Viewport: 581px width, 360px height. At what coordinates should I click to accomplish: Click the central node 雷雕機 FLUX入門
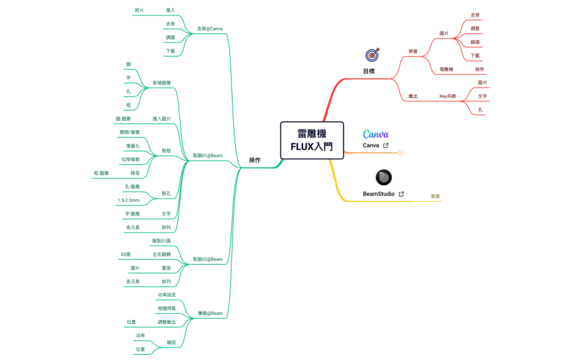click(x=312, y=140)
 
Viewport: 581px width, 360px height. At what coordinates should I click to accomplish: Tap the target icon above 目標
click(x=372, y=55)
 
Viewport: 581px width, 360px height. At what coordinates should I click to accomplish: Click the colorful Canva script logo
click(x=376, y=134)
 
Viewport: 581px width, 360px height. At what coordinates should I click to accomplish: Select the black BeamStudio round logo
click(x=383, y=177)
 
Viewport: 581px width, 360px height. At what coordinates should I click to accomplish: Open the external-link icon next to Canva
click(x=386, y=145)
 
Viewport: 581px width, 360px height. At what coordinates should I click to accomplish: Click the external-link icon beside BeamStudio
click(x=401, y=194)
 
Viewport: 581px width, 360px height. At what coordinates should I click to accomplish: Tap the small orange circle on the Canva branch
click(x=400, y=153)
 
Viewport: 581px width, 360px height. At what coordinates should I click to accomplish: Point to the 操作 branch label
click(x=255, y=160)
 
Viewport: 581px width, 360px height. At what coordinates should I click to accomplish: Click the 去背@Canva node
click(x=210, y=29)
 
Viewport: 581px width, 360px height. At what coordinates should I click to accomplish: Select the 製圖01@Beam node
click(x=207, y=155)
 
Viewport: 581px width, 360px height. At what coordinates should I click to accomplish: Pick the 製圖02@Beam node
click(x=207, y=259)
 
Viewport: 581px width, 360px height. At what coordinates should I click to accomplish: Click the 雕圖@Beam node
click(x=211, y=313)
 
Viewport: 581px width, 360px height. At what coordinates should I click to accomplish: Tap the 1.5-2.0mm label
click(x=128, y=200)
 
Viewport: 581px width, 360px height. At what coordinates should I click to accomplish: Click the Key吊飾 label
click(x=448, y=96)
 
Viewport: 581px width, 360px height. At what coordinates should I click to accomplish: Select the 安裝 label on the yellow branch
click(x=435, y=196)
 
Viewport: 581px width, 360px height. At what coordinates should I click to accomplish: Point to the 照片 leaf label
click(x=139, y=10)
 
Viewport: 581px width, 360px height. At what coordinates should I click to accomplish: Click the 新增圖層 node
click(x=161, y=83)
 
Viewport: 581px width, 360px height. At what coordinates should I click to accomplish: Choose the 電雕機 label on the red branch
click(x=446, y=69)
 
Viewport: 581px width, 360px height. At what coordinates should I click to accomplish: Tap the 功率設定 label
click(x=167, y=294)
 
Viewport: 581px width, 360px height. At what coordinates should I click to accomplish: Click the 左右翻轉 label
click(x=161, y=254)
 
